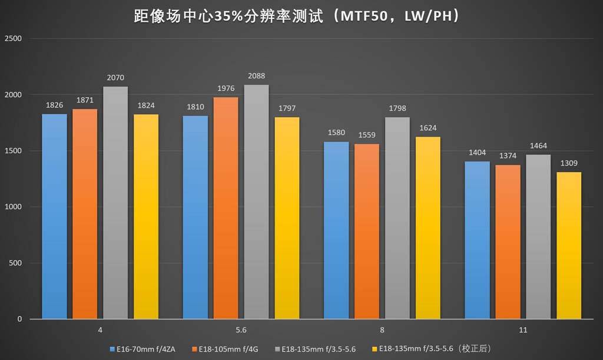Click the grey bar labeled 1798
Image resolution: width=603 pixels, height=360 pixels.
click(x=397, y=218)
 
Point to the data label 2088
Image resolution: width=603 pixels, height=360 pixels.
click(x=256, y=77)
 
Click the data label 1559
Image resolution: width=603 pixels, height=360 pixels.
click(x=366, y=136)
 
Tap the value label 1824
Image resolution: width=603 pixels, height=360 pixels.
click(x=145, y=106)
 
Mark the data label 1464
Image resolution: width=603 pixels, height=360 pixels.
click(x=538, y=146)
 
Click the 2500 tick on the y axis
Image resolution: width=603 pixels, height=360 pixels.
click(x=13, y=39)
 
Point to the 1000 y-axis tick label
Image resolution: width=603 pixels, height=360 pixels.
click(x=13, y=207)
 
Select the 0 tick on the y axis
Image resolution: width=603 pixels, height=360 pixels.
click(x=19, y=319)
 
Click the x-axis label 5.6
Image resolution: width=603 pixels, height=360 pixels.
click(x=240, y=330)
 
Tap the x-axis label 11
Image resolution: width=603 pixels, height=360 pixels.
click(x=522, y=330)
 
